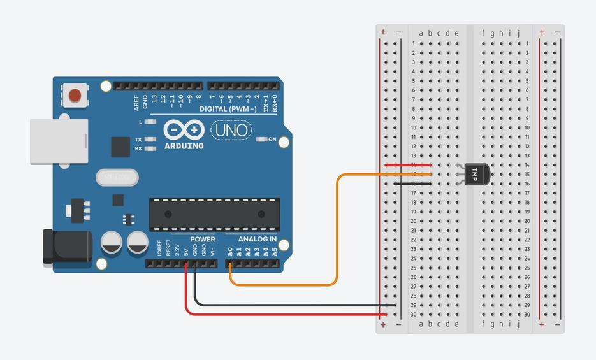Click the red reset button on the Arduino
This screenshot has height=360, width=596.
(75, 96)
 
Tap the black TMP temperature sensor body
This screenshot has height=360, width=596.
(477, 174)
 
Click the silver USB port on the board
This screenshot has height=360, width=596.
(59, 141)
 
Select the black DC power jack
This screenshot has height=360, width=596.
(64, 247)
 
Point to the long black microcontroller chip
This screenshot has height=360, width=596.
(215, 214)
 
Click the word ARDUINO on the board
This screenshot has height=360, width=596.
(184, 146)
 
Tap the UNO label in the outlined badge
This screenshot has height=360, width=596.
(231, 130)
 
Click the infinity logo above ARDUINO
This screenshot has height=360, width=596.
(184, 130)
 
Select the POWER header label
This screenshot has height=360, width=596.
(202, 239)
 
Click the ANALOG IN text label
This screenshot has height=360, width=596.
(257, 239)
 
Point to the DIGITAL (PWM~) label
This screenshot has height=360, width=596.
(228, 109)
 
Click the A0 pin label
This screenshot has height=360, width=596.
(231, 251)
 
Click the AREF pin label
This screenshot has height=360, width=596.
(136, 102)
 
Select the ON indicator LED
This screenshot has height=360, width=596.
(261, 139)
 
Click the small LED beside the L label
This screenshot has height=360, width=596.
(150, 121)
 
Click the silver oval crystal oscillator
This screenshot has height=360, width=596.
(117, 176)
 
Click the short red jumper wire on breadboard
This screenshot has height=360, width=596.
(408, 165)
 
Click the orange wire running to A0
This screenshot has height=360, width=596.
(336, 229)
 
